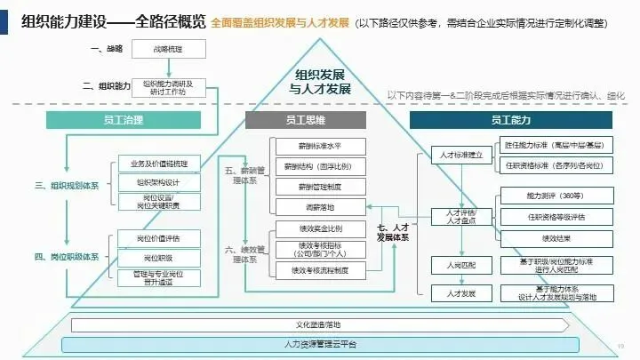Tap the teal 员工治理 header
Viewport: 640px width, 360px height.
[120, 118]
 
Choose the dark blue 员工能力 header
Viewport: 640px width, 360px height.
[510, 118]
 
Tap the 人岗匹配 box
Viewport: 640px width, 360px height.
[455, 264]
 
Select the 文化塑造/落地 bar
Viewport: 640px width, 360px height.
[320, 324]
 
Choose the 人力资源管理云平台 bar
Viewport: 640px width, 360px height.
[320, 343]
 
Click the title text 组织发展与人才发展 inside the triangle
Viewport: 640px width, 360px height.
[320, 82]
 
